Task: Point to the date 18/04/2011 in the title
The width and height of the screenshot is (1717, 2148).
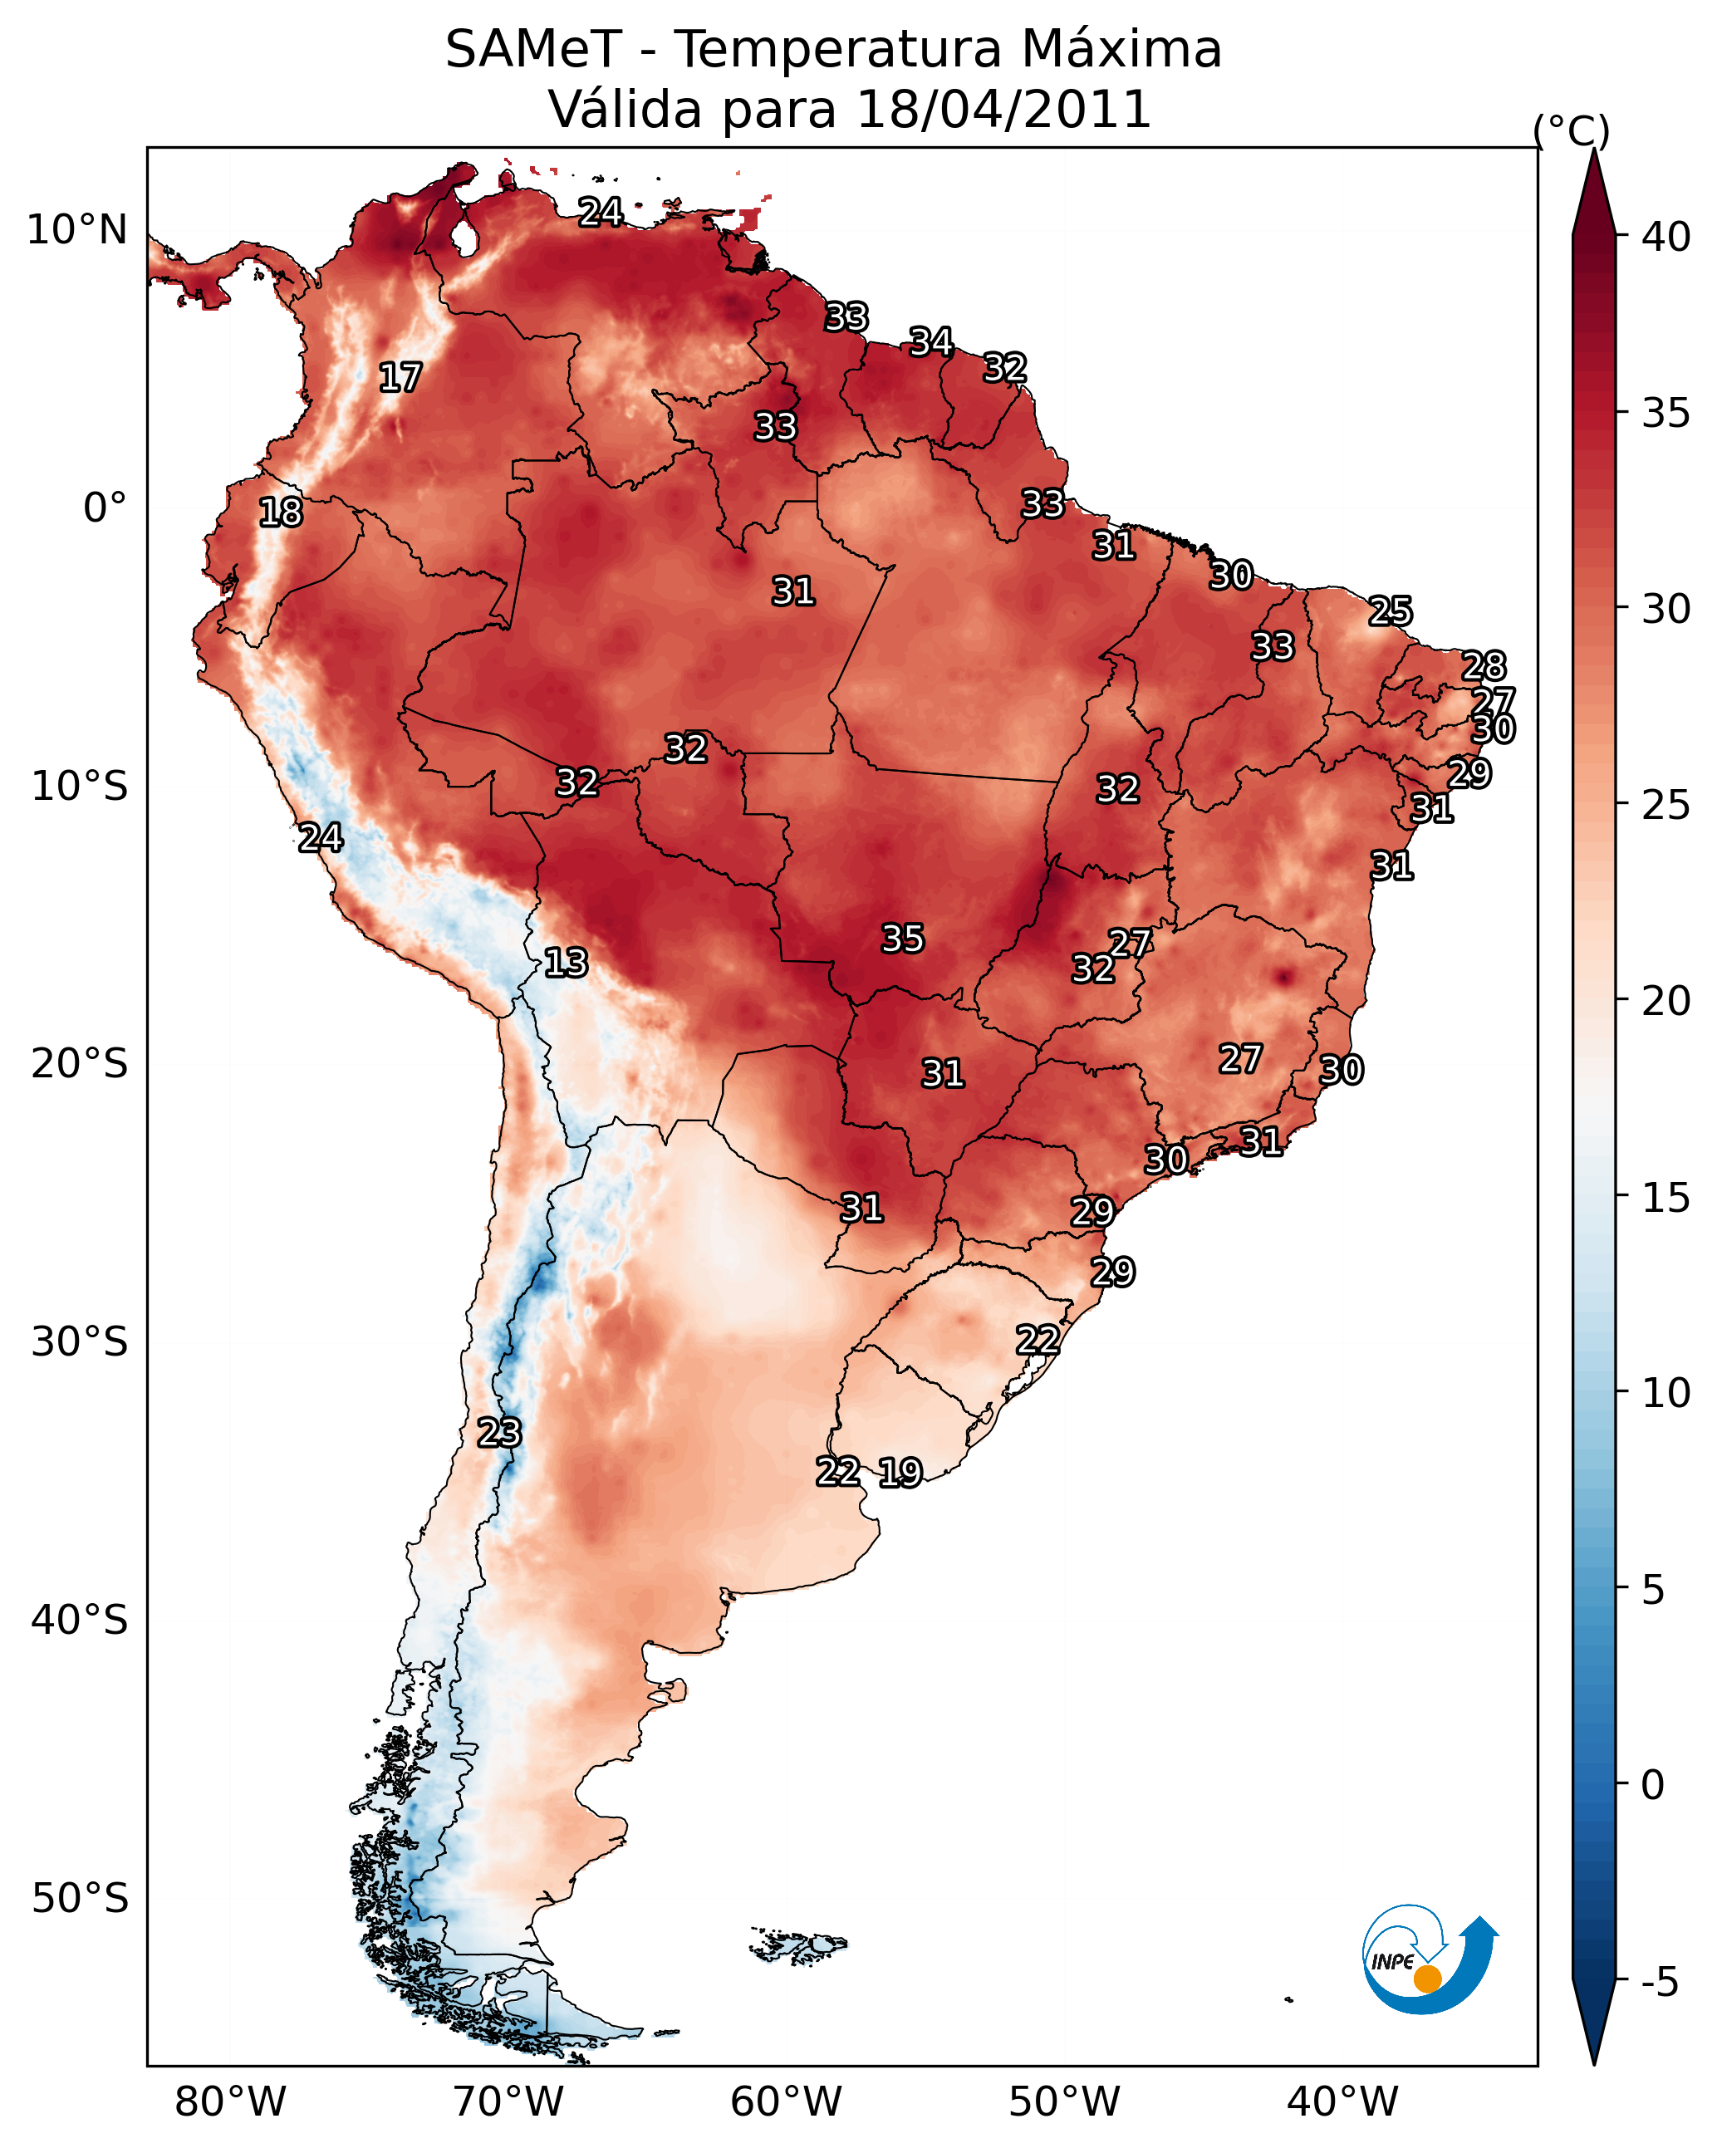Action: click(1003, 110)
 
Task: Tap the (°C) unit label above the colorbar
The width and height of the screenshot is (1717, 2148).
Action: click(1571, 130)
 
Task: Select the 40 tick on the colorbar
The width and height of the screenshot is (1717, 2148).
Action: click(1666, 237)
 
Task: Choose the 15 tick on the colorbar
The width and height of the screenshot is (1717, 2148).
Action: click(1666, 1198)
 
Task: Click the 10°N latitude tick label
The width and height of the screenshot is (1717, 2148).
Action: click(76, 230)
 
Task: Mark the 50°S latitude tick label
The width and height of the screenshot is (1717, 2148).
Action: click(80, 1898)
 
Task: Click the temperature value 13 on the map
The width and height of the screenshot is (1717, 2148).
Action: click(566, 963)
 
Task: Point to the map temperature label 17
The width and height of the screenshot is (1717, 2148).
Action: click(400, 378)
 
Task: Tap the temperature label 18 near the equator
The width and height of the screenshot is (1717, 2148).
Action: click(281, 512)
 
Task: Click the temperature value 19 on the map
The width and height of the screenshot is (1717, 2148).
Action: click(900, 1473)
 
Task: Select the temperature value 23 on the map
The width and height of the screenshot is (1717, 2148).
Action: click(499, 1433)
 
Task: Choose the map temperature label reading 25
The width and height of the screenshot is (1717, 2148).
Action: click(1391, 611)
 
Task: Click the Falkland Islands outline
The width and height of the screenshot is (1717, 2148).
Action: click(797, 1944)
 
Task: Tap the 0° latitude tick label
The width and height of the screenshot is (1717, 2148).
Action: click(105, 508)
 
